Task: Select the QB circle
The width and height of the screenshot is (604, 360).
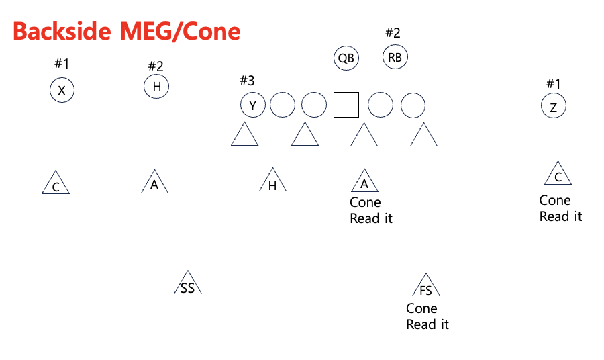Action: point(346,58)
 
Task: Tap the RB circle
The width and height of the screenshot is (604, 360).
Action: point(395,57)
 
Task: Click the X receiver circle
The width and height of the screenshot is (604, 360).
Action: point(62,91)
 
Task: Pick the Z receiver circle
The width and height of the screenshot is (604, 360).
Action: point(554,106)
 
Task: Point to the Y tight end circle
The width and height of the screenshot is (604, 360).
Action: point(253,105)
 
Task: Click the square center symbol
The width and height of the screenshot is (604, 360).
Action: point(346,105)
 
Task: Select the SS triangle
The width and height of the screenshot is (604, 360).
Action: point(188,285)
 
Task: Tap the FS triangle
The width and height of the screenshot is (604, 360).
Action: point(425,287)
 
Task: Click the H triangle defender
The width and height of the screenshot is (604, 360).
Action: point(272,181)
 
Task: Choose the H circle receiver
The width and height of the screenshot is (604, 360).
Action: point(156,86)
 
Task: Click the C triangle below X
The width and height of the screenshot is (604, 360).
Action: point(56,184)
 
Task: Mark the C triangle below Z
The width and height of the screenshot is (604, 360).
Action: point(558,175)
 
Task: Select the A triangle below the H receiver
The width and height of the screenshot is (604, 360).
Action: point(155,183)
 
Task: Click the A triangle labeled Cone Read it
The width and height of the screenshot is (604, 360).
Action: point(364,181)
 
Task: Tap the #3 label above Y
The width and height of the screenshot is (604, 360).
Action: point(247,81)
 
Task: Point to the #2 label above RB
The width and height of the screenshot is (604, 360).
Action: point(393,32)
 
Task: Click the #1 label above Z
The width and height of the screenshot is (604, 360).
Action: point(553,83)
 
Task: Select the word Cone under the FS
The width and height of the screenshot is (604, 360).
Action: point(421,308)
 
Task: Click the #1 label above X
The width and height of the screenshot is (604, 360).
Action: point(62,64)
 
